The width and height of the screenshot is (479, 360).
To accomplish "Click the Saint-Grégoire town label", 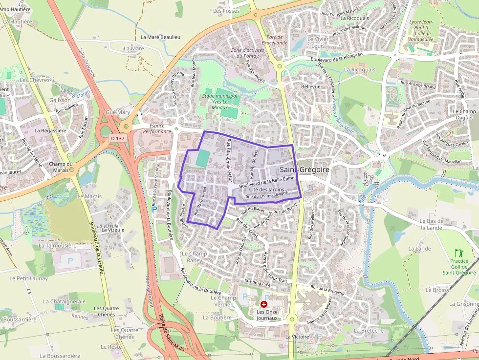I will (x=305, y=169).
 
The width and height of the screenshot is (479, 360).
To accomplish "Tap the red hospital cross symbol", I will (x=264, y=304).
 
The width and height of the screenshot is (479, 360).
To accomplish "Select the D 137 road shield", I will (x=117, y=139).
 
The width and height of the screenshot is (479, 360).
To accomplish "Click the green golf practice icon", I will (x=458, y=253).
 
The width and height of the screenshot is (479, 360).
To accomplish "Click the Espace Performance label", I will (x=157, y=128).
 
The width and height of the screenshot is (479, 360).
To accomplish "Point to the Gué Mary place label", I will (x=118, y=112).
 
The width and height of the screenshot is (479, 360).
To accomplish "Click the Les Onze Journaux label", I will (x=267, y=315).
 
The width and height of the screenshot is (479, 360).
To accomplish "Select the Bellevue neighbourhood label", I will (x=311, y=86).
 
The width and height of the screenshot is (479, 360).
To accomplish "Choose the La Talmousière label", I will (x=58, y=246).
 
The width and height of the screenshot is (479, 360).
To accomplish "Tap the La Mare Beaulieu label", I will (x=160, y=37).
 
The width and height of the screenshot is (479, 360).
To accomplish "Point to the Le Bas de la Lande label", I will (x=431, y=224).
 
